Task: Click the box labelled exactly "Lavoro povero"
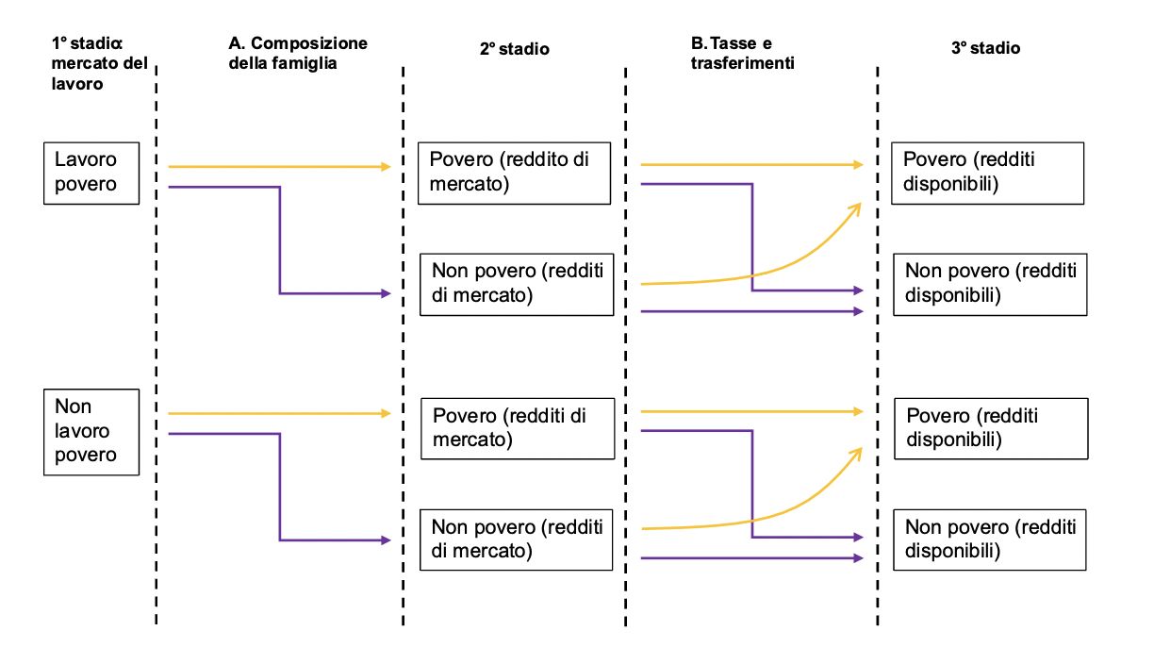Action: (x=91, y=173)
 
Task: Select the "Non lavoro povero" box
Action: (x=91, y=431)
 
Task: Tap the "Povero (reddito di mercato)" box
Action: (x=516, y=172)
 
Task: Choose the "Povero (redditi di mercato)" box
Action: (x=518, y=428)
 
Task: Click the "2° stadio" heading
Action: (x=514, y=48)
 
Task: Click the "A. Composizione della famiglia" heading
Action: (x=297, y=54)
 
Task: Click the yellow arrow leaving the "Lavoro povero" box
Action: (x=278, y=167)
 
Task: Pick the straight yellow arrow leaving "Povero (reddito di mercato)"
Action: (x=750, y=165)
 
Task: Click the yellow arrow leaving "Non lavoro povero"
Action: (x=278, y=413)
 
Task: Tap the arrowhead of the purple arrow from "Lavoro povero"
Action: (x=386, y=293)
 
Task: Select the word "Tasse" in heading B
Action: (x=740, y=44)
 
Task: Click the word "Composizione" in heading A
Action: (x=309, y=44)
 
